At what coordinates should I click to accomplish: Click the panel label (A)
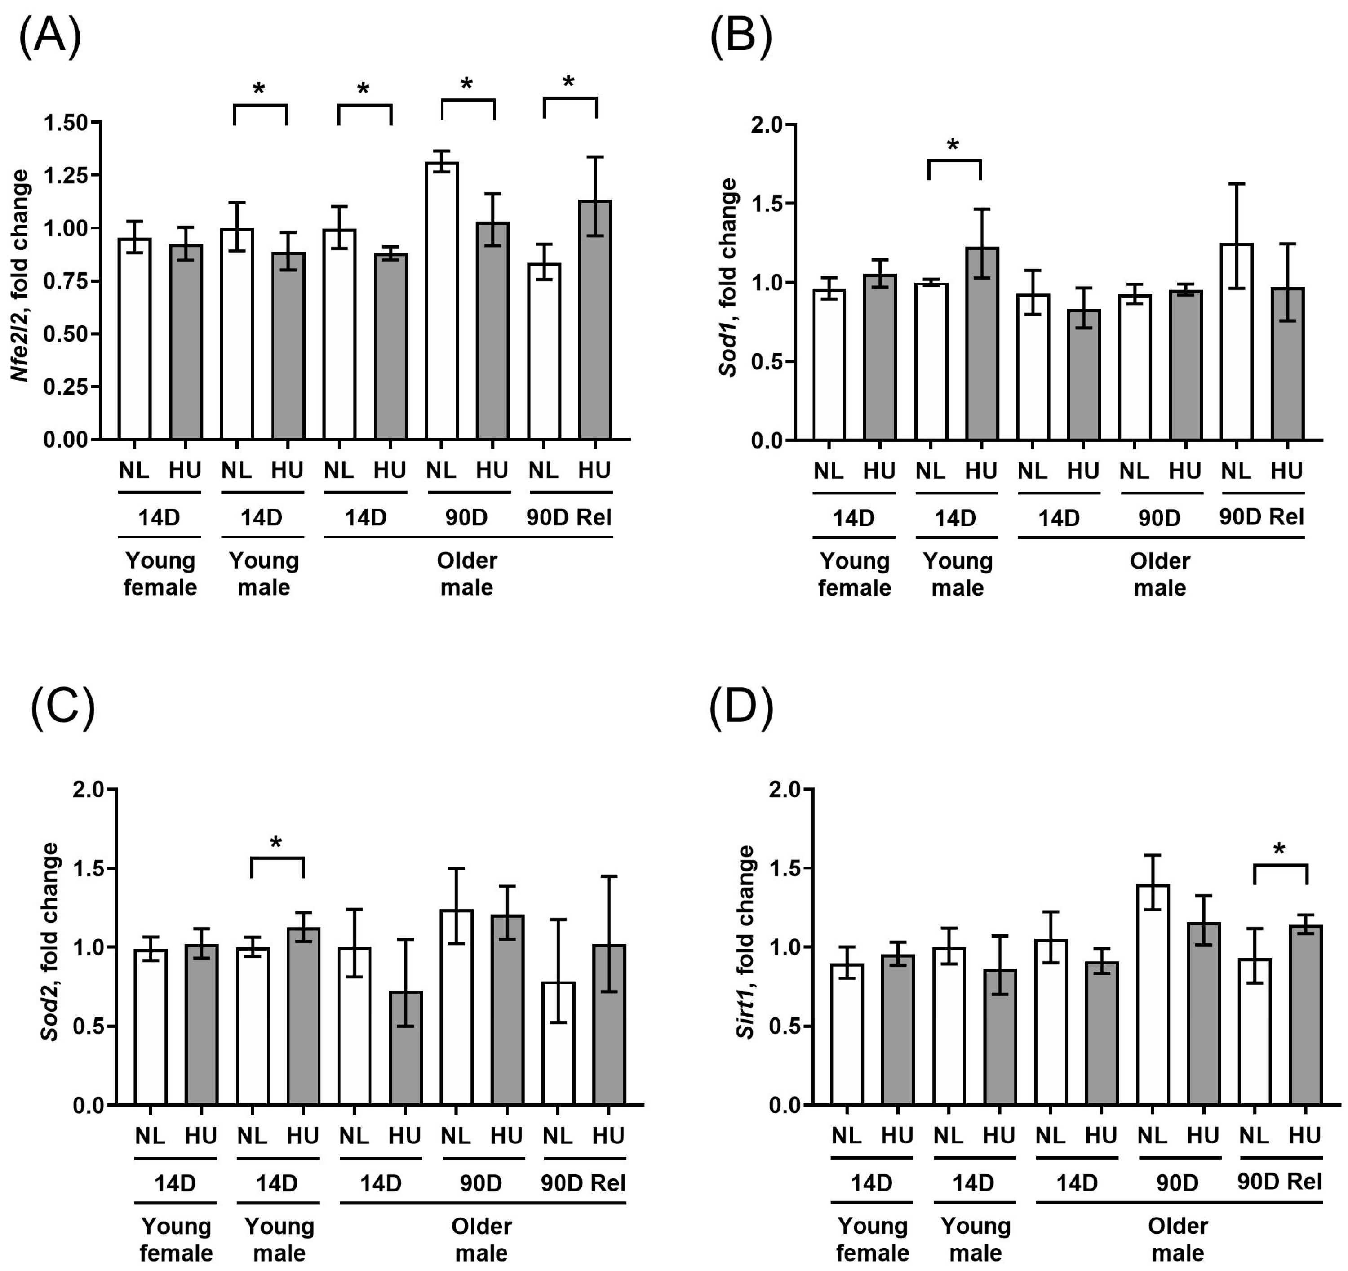click(x=49, y=35)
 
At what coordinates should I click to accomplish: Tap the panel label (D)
click(x=741, y=707)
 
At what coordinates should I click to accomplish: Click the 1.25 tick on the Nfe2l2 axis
click(x=65, y=175)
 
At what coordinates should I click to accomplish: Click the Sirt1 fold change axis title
click(x=746, y=943)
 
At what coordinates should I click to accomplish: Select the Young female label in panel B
click(x=854, y=574)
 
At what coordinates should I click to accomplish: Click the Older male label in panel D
click(x=1178, y=1239)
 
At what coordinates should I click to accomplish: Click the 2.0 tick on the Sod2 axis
click(x=89, y=790)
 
